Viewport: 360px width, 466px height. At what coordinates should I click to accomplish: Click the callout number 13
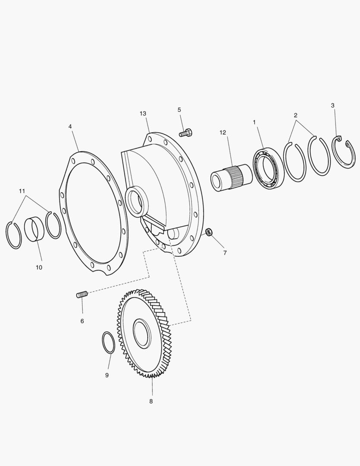point(143,113)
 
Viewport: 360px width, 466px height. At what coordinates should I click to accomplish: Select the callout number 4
point(70,126)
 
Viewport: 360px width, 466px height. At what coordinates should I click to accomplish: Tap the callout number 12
point(223,132)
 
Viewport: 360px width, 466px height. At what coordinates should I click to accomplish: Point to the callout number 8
point(151,401)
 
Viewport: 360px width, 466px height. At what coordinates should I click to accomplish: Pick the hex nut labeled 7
point(208,233)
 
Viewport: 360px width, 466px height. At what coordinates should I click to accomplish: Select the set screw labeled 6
point(82,295)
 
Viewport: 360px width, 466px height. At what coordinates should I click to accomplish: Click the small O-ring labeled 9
point(108,343)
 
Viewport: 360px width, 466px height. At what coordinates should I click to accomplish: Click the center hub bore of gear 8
point(142,334)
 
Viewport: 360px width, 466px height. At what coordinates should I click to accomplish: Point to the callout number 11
point(22,191)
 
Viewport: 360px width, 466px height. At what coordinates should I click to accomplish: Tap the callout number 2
point(295,115)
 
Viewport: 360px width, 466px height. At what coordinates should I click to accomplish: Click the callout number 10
point(39,267)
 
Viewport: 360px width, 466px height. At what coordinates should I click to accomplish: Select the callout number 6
point(82,321)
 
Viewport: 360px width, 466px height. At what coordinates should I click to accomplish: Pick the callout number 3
point(332,105)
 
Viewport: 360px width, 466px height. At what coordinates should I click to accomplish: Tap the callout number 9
point(107,375)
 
